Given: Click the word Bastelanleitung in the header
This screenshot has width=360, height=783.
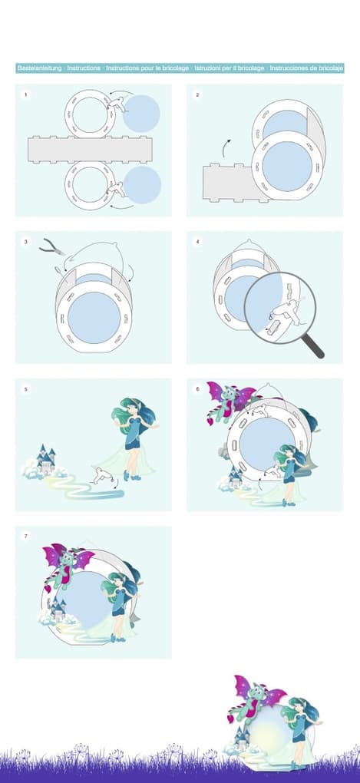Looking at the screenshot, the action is [39, 68].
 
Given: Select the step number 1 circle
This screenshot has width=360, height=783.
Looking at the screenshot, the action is [25, 94].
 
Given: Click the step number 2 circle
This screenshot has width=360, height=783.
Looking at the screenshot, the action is [197, 94].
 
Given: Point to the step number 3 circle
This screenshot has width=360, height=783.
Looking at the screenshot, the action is [25, 242].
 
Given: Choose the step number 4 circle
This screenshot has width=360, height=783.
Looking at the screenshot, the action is [197, 242].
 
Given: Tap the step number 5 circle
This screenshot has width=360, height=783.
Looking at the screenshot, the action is [25, 389].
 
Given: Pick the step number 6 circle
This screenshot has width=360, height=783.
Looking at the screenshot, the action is [197, 389].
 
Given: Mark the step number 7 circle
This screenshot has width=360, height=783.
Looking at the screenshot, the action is [25, 537].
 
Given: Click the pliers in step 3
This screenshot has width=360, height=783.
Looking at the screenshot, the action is [52, 246].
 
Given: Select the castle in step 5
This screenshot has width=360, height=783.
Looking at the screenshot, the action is [46, 459].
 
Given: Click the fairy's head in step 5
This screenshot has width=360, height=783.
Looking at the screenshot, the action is [130, 408].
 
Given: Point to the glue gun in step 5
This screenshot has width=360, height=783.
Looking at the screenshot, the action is [102, 474].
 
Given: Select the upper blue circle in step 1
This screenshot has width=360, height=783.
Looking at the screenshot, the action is [141, 114].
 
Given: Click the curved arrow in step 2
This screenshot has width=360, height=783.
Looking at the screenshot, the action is [226, 148].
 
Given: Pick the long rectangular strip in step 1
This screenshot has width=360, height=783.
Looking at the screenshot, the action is [90, 149].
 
